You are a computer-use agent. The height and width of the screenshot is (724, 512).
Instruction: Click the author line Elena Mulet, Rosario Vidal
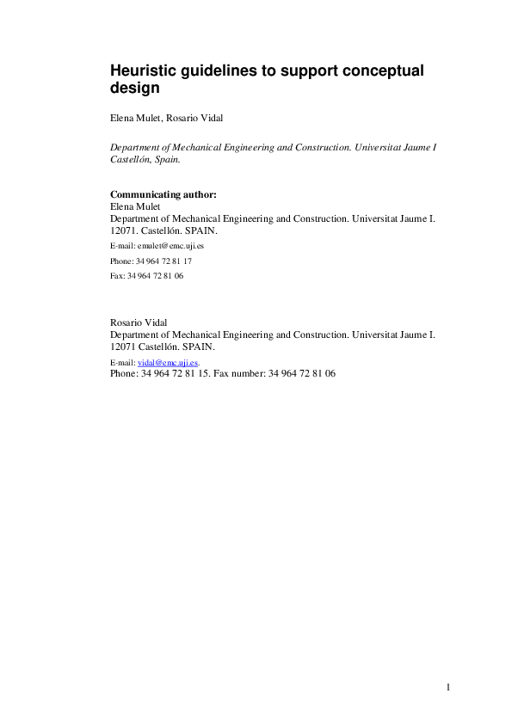click(166, 118)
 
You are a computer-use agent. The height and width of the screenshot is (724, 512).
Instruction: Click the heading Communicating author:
click(163, 194)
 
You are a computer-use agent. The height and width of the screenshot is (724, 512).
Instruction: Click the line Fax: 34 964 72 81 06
click(147, 276)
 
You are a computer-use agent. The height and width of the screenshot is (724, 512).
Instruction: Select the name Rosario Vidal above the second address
click(139, 322)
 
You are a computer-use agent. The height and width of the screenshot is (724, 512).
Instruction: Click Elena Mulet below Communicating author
click(136, 206)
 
